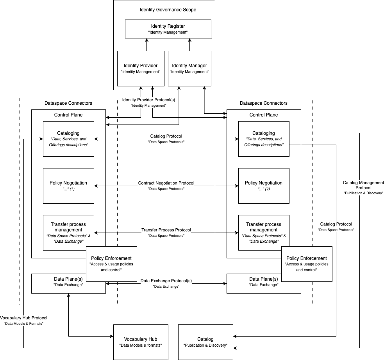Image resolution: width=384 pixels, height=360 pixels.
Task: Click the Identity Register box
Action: (x=168, y=29)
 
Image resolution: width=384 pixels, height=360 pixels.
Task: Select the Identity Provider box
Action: (x=141, y=68)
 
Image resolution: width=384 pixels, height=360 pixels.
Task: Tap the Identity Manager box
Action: (x=189, y=68)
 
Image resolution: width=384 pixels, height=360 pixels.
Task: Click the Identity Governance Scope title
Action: (x=168, y=9)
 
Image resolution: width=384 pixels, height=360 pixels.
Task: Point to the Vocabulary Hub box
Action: (x=141, y=342)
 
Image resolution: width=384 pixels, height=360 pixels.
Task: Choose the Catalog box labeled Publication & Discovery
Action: (x=205, y=342)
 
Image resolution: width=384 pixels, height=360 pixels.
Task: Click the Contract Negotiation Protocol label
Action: (x=166, y=183)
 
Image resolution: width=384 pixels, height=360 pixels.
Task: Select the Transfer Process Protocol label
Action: (x=166, y=230)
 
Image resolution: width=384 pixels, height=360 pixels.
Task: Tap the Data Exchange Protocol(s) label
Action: (x=166, y=281)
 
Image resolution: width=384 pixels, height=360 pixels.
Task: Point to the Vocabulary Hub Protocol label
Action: (x=23, y=318)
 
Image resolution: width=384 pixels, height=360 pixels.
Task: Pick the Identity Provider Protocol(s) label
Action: (x=148, y=100)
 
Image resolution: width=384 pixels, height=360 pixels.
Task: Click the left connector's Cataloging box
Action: (x=68, y=139)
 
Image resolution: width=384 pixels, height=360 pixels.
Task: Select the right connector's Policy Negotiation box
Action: (x=264, y=186)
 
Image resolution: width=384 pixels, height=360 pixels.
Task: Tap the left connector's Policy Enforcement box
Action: (x=111, y=264)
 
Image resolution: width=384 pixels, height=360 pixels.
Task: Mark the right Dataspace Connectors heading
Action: (x=264, y=103)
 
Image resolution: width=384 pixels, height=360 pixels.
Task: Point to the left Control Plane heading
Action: (x=68, y=115)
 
